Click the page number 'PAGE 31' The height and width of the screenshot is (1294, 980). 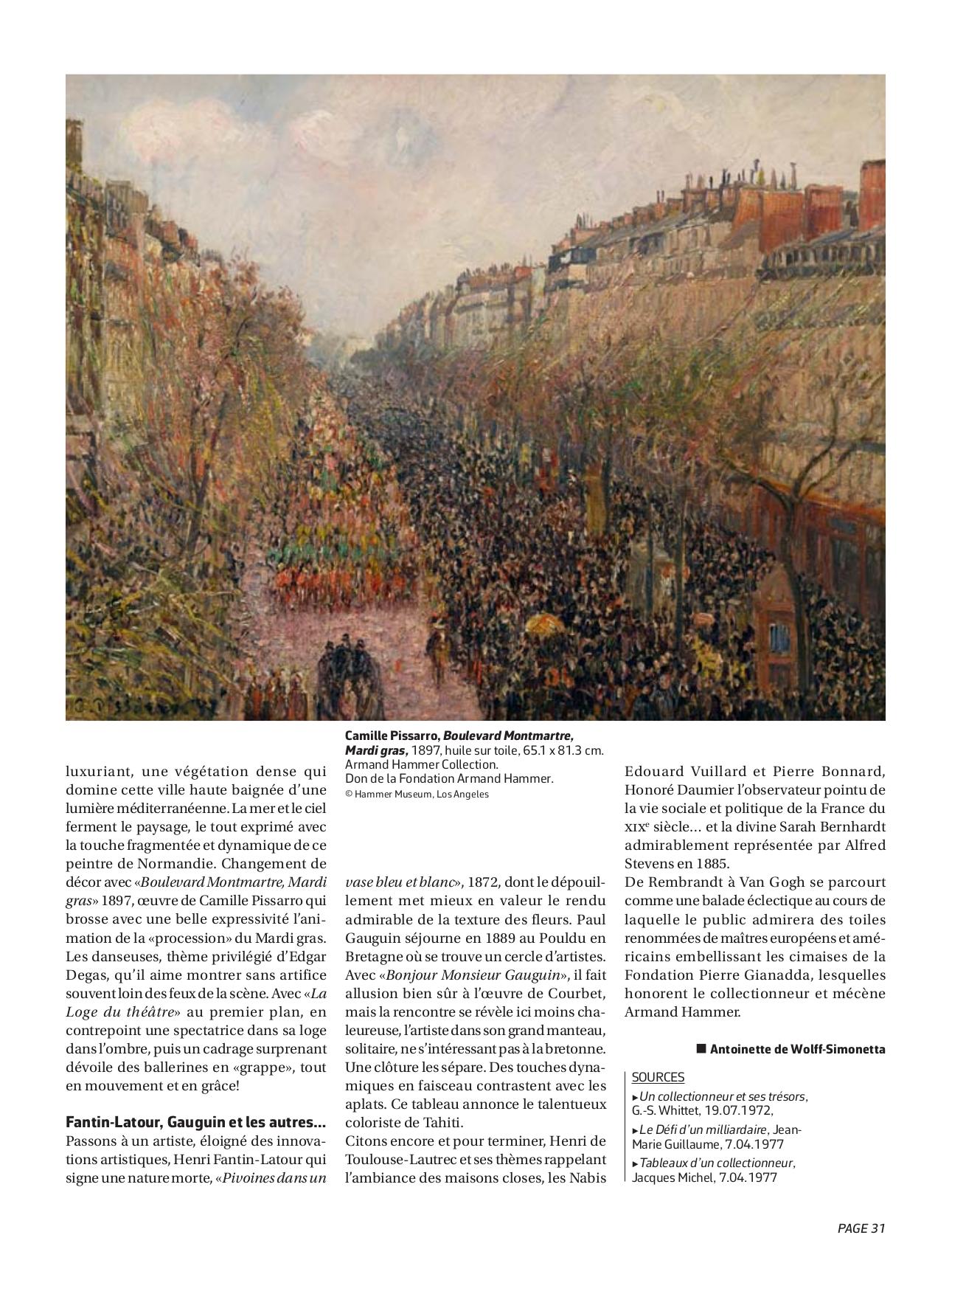click(861, 1228)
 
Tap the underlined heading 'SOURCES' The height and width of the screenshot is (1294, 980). click(658, 1077)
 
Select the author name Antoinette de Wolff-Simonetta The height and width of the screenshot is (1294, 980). click(797, 1049)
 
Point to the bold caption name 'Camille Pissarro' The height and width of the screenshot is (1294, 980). click(392, 736)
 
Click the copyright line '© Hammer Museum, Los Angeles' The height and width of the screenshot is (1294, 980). click(417, 794)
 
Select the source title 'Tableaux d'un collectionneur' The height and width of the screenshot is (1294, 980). click(716, 1163)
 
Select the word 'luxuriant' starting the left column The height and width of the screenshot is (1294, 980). click(96, 772)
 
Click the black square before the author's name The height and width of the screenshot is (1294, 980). click(701, 1048)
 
